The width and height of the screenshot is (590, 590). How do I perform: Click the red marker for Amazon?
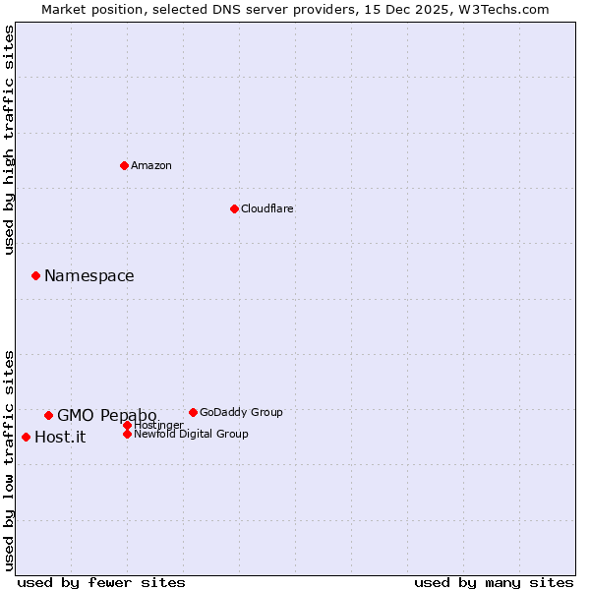pyautogui.click(x=124, y=165)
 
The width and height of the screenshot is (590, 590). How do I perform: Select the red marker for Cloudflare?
pyautogui.click(x=234, y=208)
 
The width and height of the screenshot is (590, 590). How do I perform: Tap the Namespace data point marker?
pyautogui.click(x=35, y=275)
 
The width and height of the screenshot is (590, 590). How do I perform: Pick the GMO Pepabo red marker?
pyautogui.click(x=48, y=415)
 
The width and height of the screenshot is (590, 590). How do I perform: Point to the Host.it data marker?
pyautogui.click(x=26, y=437)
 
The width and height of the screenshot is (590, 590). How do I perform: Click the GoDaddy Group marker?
pyautogui.click(x=193, y=412)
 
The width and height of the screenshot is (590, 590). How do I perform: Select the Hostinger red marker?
pyautogui.click(x=127, y=425)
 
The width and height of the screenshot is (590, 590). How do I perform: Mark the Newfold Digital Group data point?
pyautogui.click(x=127, y=434)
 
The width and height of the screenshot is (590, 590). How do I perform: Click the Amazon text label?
pyautogui.click(x=151, y=165)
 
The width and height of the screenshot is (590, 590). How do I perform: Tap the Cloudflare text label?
pyautogui.click(x=267, y=208)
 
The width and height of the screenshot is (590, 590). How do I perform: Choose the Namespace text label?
pyautogui.click(x=88, y=276)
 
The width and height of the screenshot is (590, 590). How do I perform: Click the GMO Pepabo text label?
pyautogui.click(x=106, y=416)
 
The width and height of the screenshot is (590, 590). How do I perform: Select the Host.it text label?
pyautogui.click(x=60, y=438)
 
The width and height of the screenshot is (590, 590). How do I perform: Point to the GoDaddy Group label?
pyautogui.click(x=241, y=412)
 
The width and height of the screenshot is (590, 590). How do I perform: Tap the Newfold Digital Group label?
pyautogui.click(x=191, y=434)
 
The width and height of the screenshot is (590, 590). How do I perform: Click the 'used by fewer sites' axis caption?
pyautogui.click(x=101, y=582)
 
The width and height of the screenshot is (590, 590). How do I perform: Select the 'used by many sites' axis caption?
pyautogui.click(x=494, y=582)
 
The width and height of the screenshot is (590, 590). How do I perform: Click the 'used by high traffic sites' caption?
pyautogui.click(x=9, y=140)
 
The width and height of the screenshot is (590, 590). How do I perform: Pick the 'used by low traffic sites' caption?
pyautogui.click(x=9, y=460)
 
